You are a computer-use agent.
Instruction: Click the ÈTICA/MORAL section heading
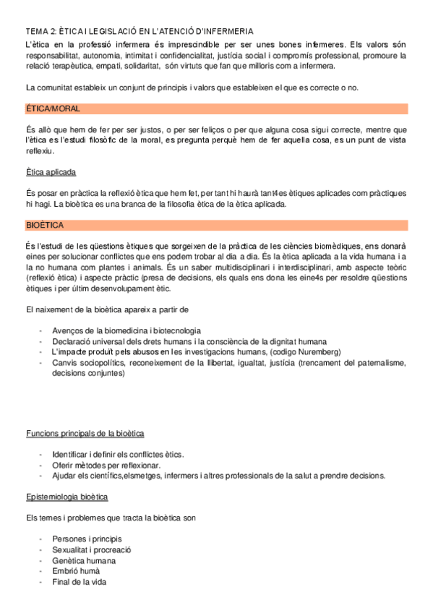pos(52,108)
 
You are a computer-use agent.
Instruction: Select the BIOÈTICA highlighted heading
pos(45,226)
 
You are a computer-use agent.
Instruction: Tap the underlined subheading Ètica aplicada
pos(51,172)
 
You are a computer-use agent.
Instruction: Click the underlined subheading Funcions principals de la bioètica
pos(85,433)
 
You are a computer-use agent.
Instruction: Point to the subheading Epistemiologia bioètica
pos(67,497)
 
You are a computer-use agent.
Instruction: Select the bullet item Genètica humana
pos(84,560)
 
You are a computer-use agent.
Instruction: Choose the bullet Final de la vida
pos(80,582)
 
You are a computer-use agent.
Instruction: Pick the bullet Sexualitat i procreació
pos(92,550)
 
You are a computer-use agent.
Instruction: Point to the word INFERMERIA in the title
pos(226,32)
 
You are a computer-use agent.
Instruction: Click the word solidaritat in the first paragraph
pos(140,66)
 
